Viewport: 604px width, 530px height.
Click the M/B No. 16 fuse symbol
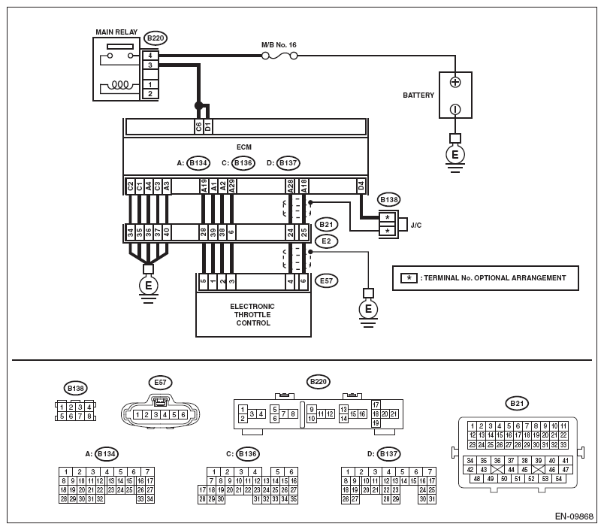(279, 56)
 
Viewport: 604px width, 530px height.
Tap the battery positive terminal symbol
(455, 82)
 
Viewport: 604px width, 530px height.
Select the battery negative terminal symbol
(455, 110)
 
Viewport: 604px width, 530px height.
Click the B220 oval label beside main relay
(156, 38)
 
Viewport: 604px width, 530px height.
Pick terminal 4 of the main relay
(150, 56)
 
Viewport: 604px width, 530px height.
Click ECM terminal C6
(199, 126)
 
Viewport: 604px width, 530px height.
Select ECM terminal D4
(361, 186)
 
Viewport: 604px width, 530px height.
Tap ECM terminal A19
(204, 186)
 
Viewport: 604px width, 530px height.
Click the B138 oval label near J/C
(389, 200)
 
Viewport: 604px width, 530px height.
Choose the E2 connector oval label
(326, 241)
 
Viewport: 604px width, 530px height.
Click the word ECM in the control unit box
(244, 147)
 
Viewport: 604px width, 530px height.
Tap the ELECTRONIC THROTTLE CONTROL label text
(252, 314)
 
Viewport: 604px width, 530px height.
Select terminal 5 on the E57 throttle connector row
(204, 281)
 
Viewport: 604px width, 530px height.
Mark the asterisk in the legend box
(409, 278)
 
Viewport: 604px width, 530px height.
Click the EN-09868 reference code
(574, 516)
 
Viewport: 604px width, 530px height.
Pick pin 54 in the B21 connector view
(558, 479)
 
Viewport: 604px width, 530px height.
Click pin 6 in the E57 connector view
(183, 415)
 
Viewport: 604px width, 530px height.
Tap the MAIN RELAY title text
(116, 32)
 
